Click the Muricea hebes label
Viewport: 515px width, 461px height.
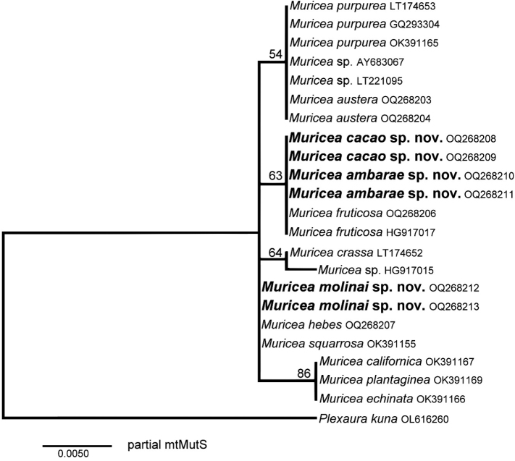tap(315, 325)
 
